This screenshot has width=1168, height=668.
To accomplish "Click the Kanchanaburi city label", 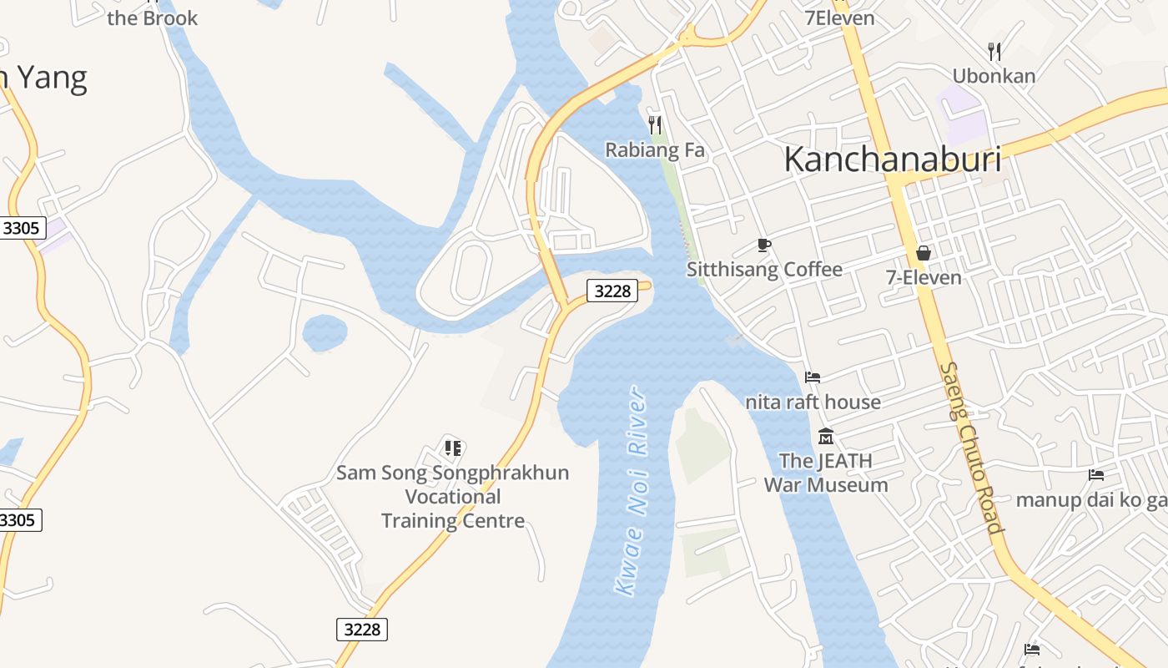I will click(x=892, y=159).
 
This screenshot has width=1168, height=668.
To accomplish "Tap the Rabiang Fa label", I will click(x=655, y=150).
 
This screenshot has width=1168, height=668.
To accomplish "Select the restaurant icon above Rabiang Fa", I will click(x=655, y=125).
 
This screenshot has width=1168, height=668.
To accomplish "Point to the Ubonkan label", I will click(x=994, y=76).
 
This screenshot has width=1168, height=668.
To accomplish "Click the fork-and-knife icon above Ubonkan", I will click(x=994, y=52).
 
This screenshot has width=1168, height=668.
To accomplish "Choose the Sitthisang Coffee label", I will click(x=764, y=269).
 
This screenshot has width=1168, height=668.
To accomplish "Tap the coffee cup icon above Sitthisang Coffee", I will click(x=763, y=245).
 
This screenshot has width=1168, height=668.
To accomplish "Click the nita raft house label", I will click(x=813, y=402).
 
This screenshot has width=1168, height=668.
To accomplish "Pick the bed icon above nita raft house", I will click(x=813, y=377).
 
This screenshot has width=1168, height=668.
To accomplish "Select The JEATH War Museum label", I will click(x=826, y=473).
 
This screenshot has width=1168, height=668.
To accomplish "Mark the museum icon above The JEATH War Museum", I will click(x=826, y=436).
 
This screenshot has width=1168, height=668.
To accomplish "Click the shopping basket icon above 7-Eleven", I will click(x=924, y=252).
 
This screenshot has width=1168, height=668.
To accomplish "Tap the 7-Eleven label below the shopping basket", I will click(x=924, y=277).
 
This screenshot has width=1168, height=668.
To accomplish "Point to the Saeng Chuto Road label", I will click(x=969, y=448).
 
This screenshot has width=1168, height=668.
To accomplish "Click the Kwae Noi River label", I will click(x=632, y=491).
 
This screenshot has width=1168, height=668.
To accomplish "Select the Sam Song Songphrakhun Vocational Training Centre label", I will click(x=453, y=497).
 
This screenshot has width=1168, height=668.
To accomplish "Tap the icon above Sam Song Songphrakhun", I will click(x=453, y=448).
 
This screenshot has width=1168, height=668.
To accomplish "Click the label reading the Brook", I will click(x=152, y=18).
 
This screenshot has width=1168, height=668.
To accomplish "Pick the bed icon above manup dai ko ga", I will click(x=1096, y=475).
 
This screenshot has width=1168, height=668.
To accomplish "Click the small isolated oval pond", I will click(x=325, y=333).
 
